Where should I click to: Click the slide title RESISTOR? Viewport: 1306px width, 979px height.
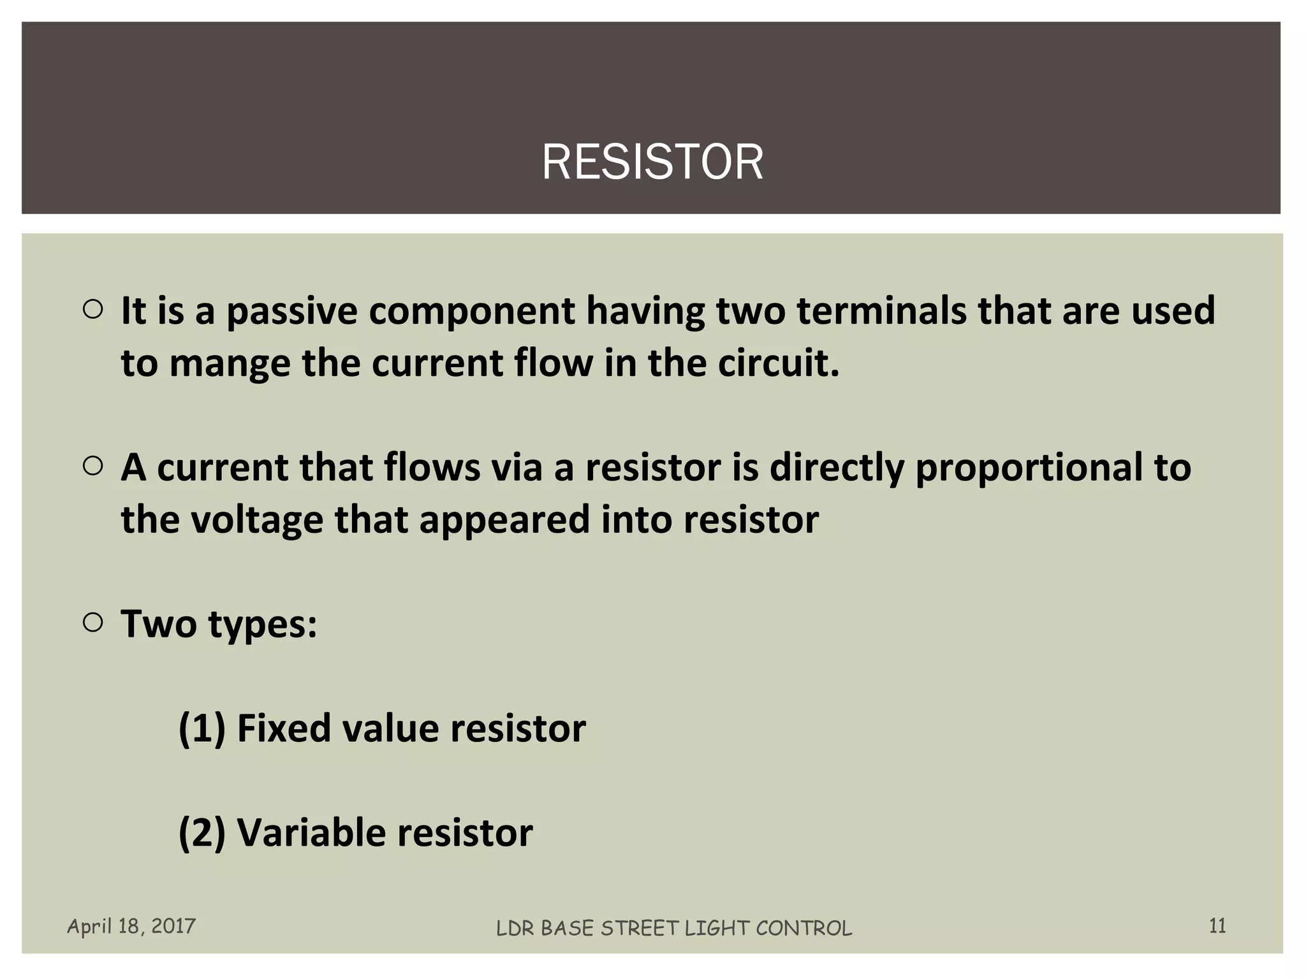(652, 163)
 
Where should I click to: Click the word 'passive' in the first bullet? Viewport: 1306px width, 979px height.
(291, 312)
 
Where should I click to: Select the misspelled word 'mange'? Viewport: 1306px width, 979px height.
(229, 365)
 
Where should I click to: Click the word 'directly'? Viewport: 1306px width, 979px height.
(837, 468)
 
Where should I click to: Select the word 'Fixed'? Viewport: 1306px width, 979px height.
(284, 729)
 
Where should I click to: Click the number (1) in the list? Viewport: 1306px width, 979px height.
(202, 729)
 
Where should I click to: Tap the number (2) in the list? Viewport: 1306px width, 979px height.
(202, 833)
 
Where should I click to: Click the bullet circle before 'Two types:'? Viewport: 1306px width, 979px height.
(93, 623)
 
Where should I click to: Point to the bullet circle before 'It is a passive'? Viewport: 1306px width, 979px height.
(93, 310)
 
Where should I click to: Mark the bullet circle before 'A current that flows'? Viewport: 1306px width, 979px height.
(93, 467)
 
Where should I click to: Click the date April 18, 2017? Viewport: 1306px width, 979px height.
(131, 926)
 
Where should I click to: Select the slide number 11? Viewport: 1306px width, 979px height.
(1217, 925)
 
